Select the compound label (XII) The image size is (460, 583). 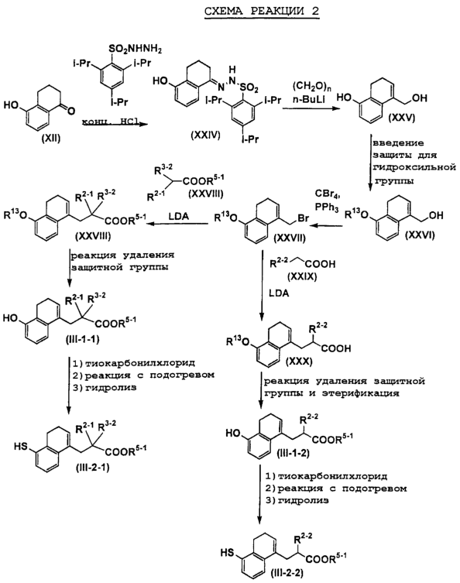pos(52,139)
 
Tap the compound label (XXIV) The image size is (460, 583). pos(206,135)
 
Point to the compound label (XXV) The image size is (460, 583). pos(401,118)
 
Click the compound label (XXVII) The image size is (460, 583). pos(289,238)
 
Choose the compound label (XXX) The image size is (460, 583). pos(300,361)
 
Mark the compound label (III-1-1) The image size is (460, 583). pos(82,339)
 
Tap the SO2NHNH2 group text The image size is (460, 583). pos(136,49)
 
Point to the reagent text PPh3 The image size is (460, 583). pos(327,207)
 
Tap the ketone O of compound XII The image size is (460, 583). pos(71,111)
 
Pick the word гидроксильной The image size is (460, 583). pos(414,167)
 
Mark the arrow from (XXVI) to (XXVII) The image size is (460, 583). pos(328,225)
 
